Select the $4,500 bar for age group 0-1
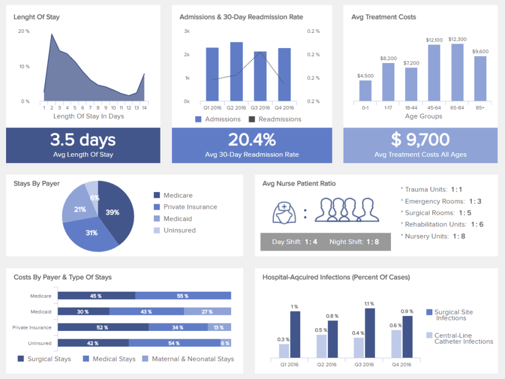365,90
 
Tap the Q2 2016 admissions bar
236,71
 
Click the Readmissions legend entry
275,119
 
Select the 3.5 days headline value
83,139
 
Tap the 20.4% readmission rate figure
252,139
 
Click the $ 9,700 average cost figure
420,139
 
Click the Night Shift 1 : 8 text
353,242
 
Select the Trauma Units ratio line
433,189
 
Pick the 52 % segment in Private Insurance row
103,327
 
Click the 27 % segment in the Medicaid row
207,312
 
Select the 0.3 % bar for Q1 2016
284,350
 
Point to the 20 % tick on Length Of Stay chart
24,31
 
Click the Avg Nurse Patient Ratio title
299,183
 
